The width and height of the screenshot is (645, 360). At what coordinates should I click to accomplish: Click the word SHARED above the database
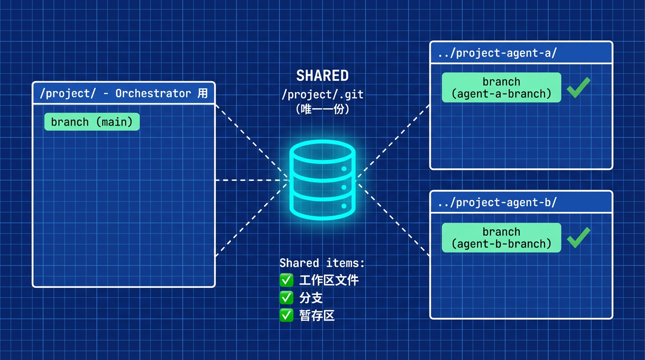point(322,76)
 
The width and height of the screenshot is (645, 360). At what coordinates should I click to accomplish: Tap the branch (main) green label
point(92,122)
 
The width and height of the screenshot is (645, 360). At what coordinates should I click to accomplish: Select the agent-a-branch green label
point(501,88)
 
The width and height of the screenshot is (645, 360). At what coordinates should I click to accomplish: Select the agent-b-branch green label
point(501,238)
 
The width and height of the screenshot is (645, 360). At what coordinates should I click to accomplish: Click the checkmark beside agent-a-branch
point(578,88)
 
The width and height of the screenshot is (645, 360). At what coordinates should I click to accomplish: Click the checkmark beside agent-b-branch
point(578,237)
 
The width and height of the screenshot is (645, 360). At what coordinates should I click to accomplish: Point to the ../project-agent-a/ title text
point(497,53)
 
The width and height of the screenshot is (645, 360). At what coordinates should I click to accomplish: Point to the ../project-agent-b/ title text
point(497,202)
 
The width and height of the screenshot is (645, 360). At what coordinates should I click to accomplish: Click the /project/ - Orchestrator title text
point(115,93)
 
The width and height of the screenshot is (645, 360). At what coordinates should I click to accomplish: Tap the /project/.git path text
point(322,94)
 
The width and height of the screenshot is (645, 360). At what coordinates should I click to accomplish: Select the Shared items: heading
point(322,263)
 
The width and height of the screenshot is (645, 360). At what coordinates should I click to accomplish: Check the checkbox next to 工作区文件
point(286,280)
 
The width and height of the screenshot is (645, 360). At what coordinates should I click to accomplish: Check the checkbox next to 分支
point(286,298)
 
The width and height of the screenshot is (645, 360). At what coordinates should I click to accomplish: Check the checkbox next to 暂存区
point(286,315)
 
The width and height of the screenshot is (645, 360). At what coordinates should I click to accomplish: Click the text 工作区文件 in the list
point(329,280)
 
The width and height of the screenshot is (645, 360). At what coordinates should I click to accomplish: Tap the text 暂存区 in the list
point(317,315)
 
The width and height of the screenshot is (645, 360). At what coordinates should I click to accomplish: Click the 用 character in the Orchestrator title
point(202,93)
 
